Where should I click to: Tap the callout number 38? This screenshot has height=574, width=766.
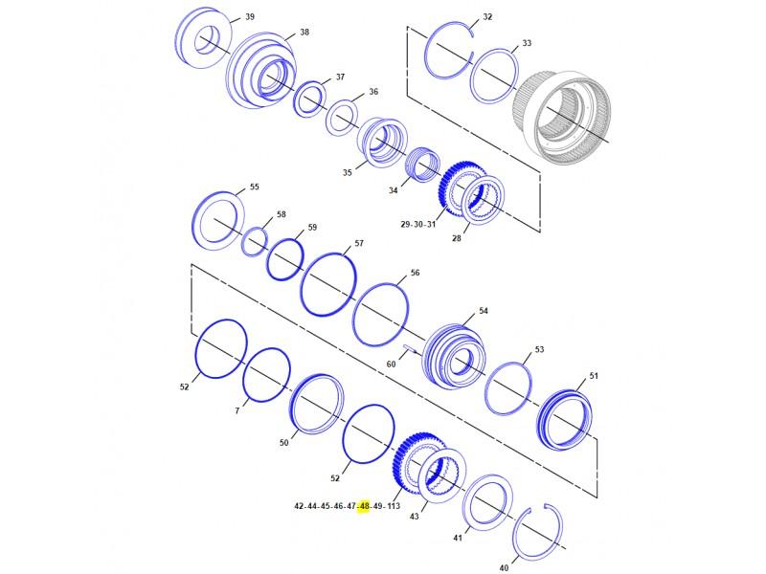[304, 33]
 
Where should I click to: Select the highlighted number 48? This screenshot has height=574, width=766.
[364, 506]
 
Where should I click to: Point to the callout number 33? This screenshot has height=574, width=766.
[527, 44]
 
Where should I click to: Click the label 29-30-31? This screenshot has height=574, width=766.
[418, 224]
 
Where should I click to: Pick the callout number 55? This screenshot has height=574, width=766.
[255, 188]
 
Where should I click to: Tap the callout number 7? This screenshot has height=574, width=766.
[237, 411]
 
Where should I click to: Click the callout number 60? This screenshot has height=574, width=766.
[391, 364]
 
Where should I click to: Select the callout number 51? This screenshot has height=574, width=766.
[594, 376]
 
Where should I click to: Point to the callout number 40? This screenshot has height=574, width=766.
[505, 567]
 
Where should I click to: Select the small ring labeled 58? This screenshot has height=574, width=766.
[254, 242]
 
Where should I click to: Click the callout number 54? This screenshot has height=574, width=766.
[484, 312]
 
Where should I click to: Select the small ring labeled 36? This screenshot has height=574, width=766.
[341, 120]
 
